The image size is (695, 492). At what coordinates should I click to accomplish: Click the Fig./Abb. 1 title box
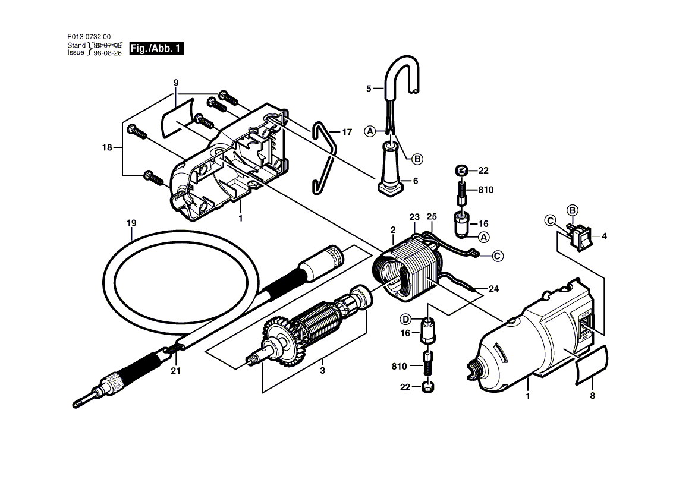click(x=156, y=48)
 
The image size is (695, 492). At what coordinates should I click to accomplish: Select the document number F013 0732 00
click(x=89, y=37)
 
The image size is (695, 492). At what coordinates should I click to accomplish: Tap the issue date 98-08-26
click(x=108, y=53)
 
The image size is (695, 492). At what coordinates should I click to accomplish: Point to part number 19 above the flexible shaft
click(x=131, y=223)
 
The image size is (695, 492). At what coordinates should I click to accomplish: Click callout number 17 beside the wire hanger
click(x=347, y=132)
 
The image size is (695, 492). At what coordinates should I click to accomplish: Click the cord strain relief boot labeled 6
click(x=391, y=169)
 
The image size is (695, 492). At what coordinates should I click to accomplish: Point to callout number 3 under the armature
click(x=323, y=370)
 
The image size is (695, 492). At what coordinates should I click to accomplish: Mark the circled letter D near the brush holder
click(x=405, y=319)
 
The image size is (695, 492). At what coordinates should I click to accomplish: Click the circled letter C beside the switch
click(x=550, y=220)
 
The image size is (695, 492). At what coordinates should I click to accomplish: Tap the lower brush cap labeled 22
click(x=428, y=387)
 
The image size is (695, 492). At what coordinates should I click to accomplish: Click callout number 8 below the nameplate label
click(x=593, y=396)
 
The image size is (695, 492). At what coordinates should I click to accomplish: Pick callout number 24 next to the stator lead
click(x=494, y=289)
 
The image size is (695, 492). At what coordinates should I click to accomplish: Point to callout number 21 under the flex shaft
click(x=176, y=370)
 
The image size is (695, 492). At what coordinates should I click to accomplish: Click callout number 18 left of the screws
click(x=107, y=147)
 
